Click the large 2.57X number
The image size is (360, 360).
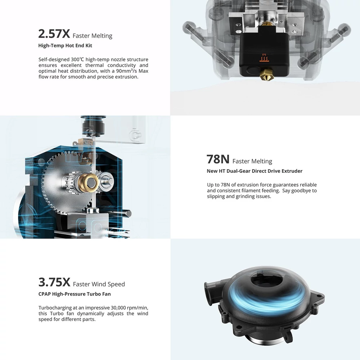[x=54, y=34]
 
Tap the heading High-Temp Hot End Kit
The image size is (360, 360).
[x=65, y=45]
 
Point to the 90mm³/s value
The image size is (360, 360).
[x=126, y=71]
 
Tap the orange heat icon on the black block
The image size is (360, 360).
[x=264, y=58]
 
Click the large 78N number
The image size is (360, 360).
[x=218, y=159]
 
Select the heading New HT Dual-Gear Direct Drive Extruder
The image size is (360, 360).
[x=255, y=171]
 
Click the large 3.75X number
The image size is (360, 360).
[x=54, y=282]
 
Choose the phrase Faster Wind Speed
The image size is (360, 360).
[x=99, y=284]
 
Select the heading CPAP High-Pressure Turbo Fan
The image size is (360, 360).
[x=75, y=294]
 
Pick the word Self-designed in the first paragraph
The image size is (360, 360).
[x=54, y=59]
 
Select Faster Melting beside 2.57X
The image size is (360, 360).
[x=93, y=36]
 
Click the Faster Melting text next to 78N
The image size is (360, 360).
[x=252, y=161]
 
